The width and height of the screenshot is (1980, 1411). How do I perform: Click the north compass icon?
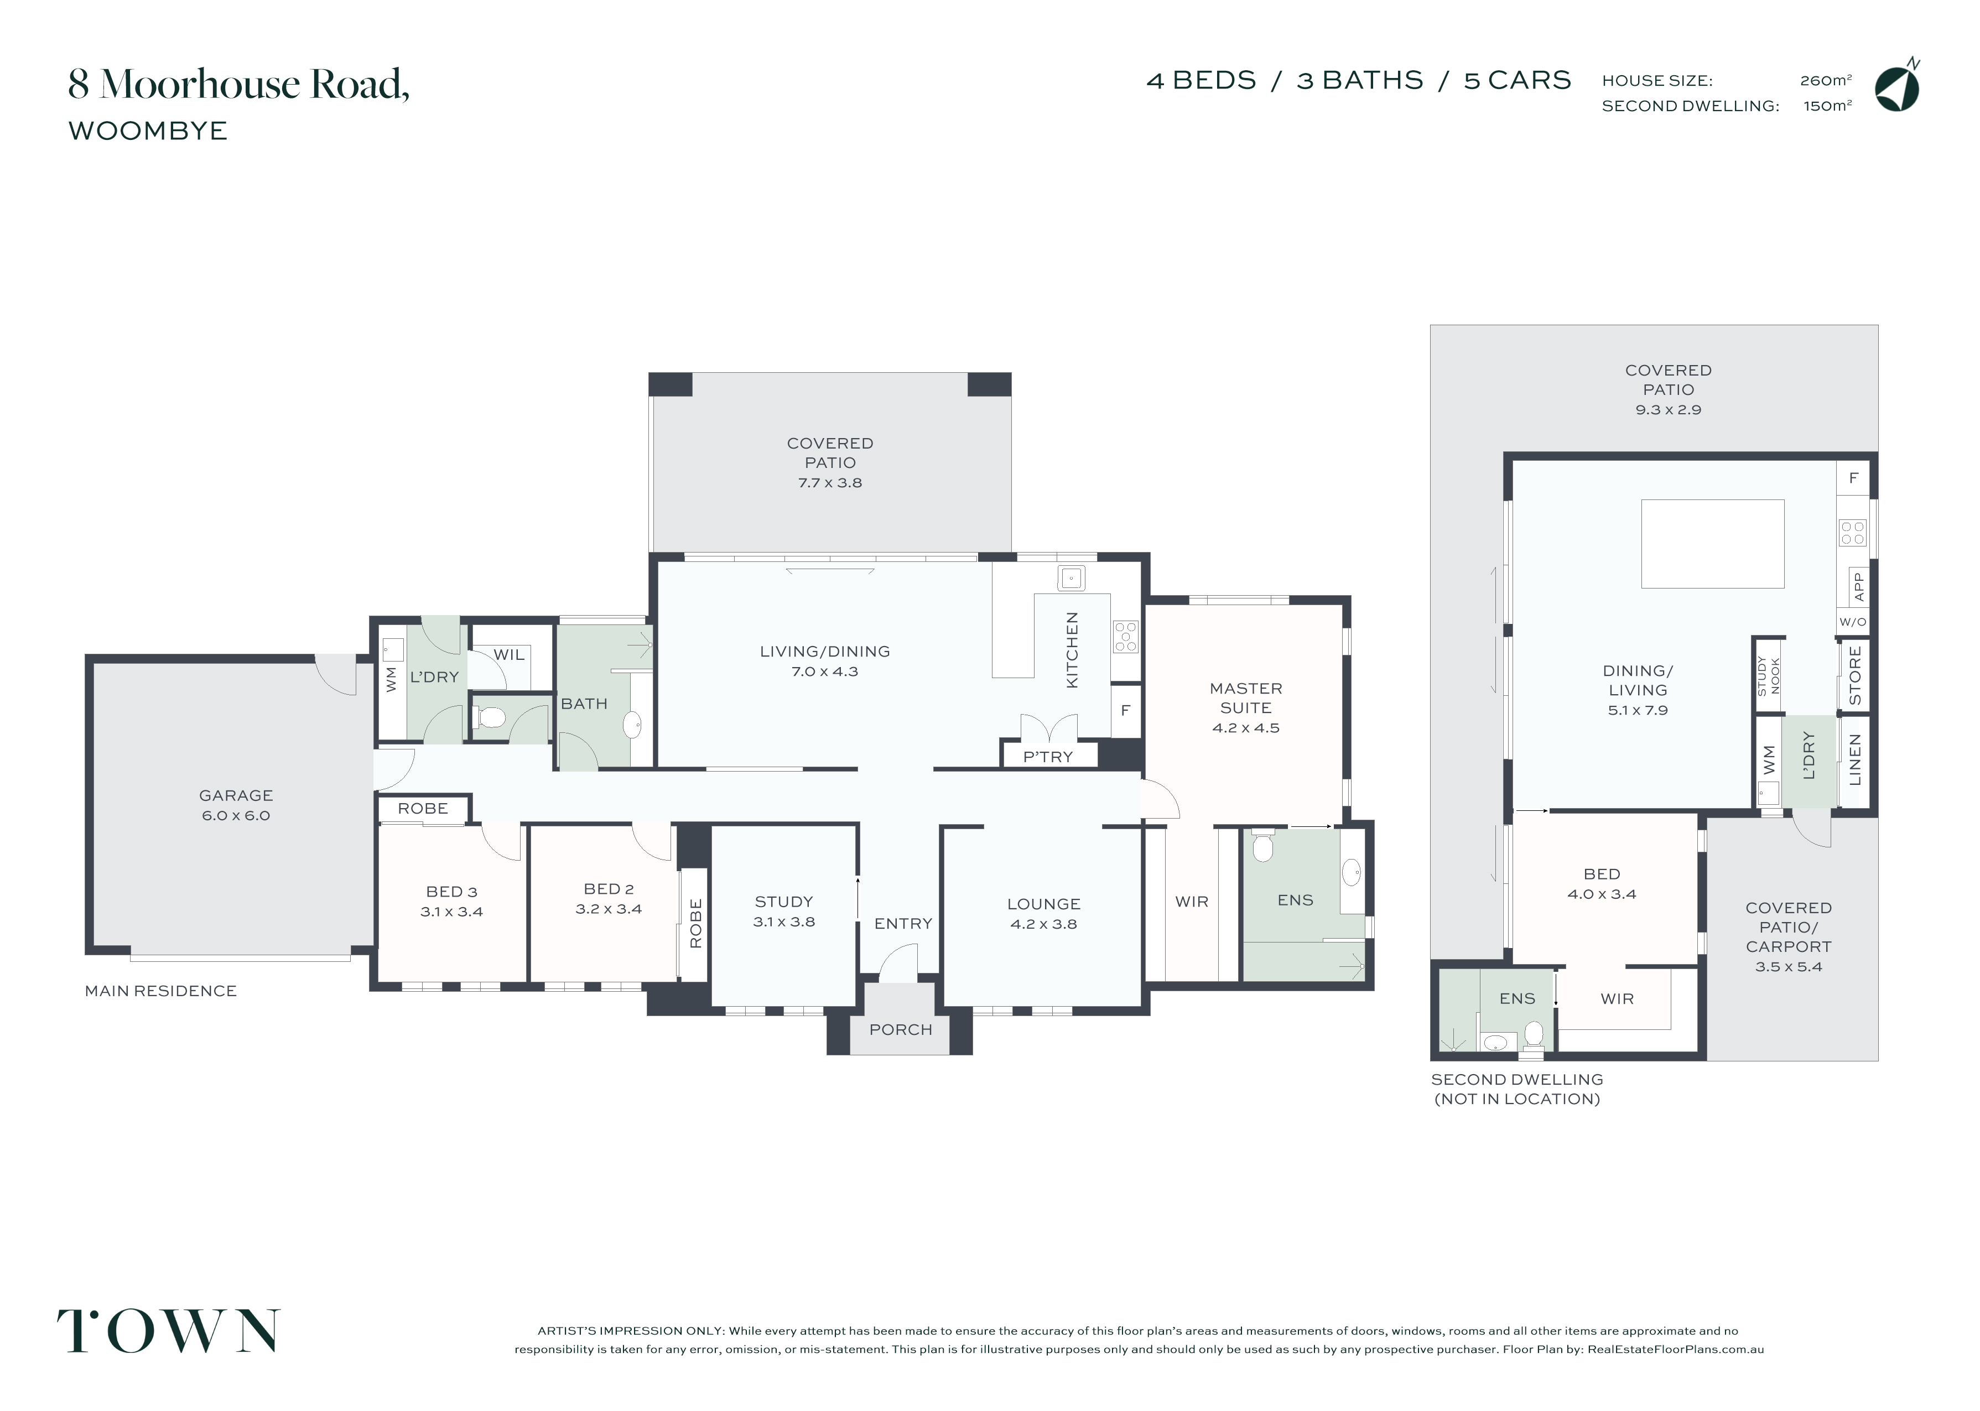pos(1898,87)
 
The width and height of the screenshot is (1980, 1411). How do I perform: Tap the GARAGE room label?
pos(236,795)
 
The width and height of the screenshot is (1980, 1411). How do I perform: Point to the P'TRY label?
pos(1048,757)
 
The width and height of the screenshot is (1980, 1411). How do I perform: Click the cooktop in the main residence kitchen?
pos(1126,636)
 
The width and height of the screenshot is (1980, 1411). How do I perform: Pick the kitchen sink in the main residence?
pos(1071,577)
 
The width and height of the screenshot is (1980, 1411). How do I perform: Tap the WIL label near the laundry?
pos(509,655)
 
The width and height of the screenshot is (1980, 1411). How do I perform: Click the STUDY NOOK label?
pos(1768,675)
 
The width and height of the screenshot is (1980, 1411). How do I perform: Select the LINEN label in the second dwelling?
pos(1855,759)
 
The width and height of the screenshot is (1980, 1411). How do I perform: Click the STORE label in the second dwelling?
pos(1855,675)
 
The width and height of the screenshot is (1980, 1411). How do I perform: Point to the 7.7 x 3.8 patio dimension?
pos(830,483)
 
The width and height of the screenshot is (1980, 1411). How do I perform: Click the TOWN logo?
pos(169,1331)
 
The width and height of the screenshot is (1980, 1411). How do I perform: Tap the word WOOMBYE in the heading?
pos(148,131)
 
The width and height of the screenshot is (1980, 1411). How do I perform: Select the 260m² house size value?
pos(1825,81)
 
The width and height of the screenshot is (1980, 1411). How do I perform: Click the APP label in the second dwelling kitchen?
pos(1858,586)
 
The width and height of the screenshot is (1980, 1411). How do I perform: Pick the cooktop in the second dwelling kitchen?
pos(1852,533)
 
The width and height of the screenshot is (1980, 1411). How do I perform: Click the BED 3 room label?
pos(452,892)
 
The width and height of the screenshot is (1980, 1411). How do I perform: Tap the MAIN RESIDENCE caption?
pos(161,991)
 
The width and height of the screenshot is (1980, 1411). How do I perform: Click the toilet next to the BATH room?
pos(490,717)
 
